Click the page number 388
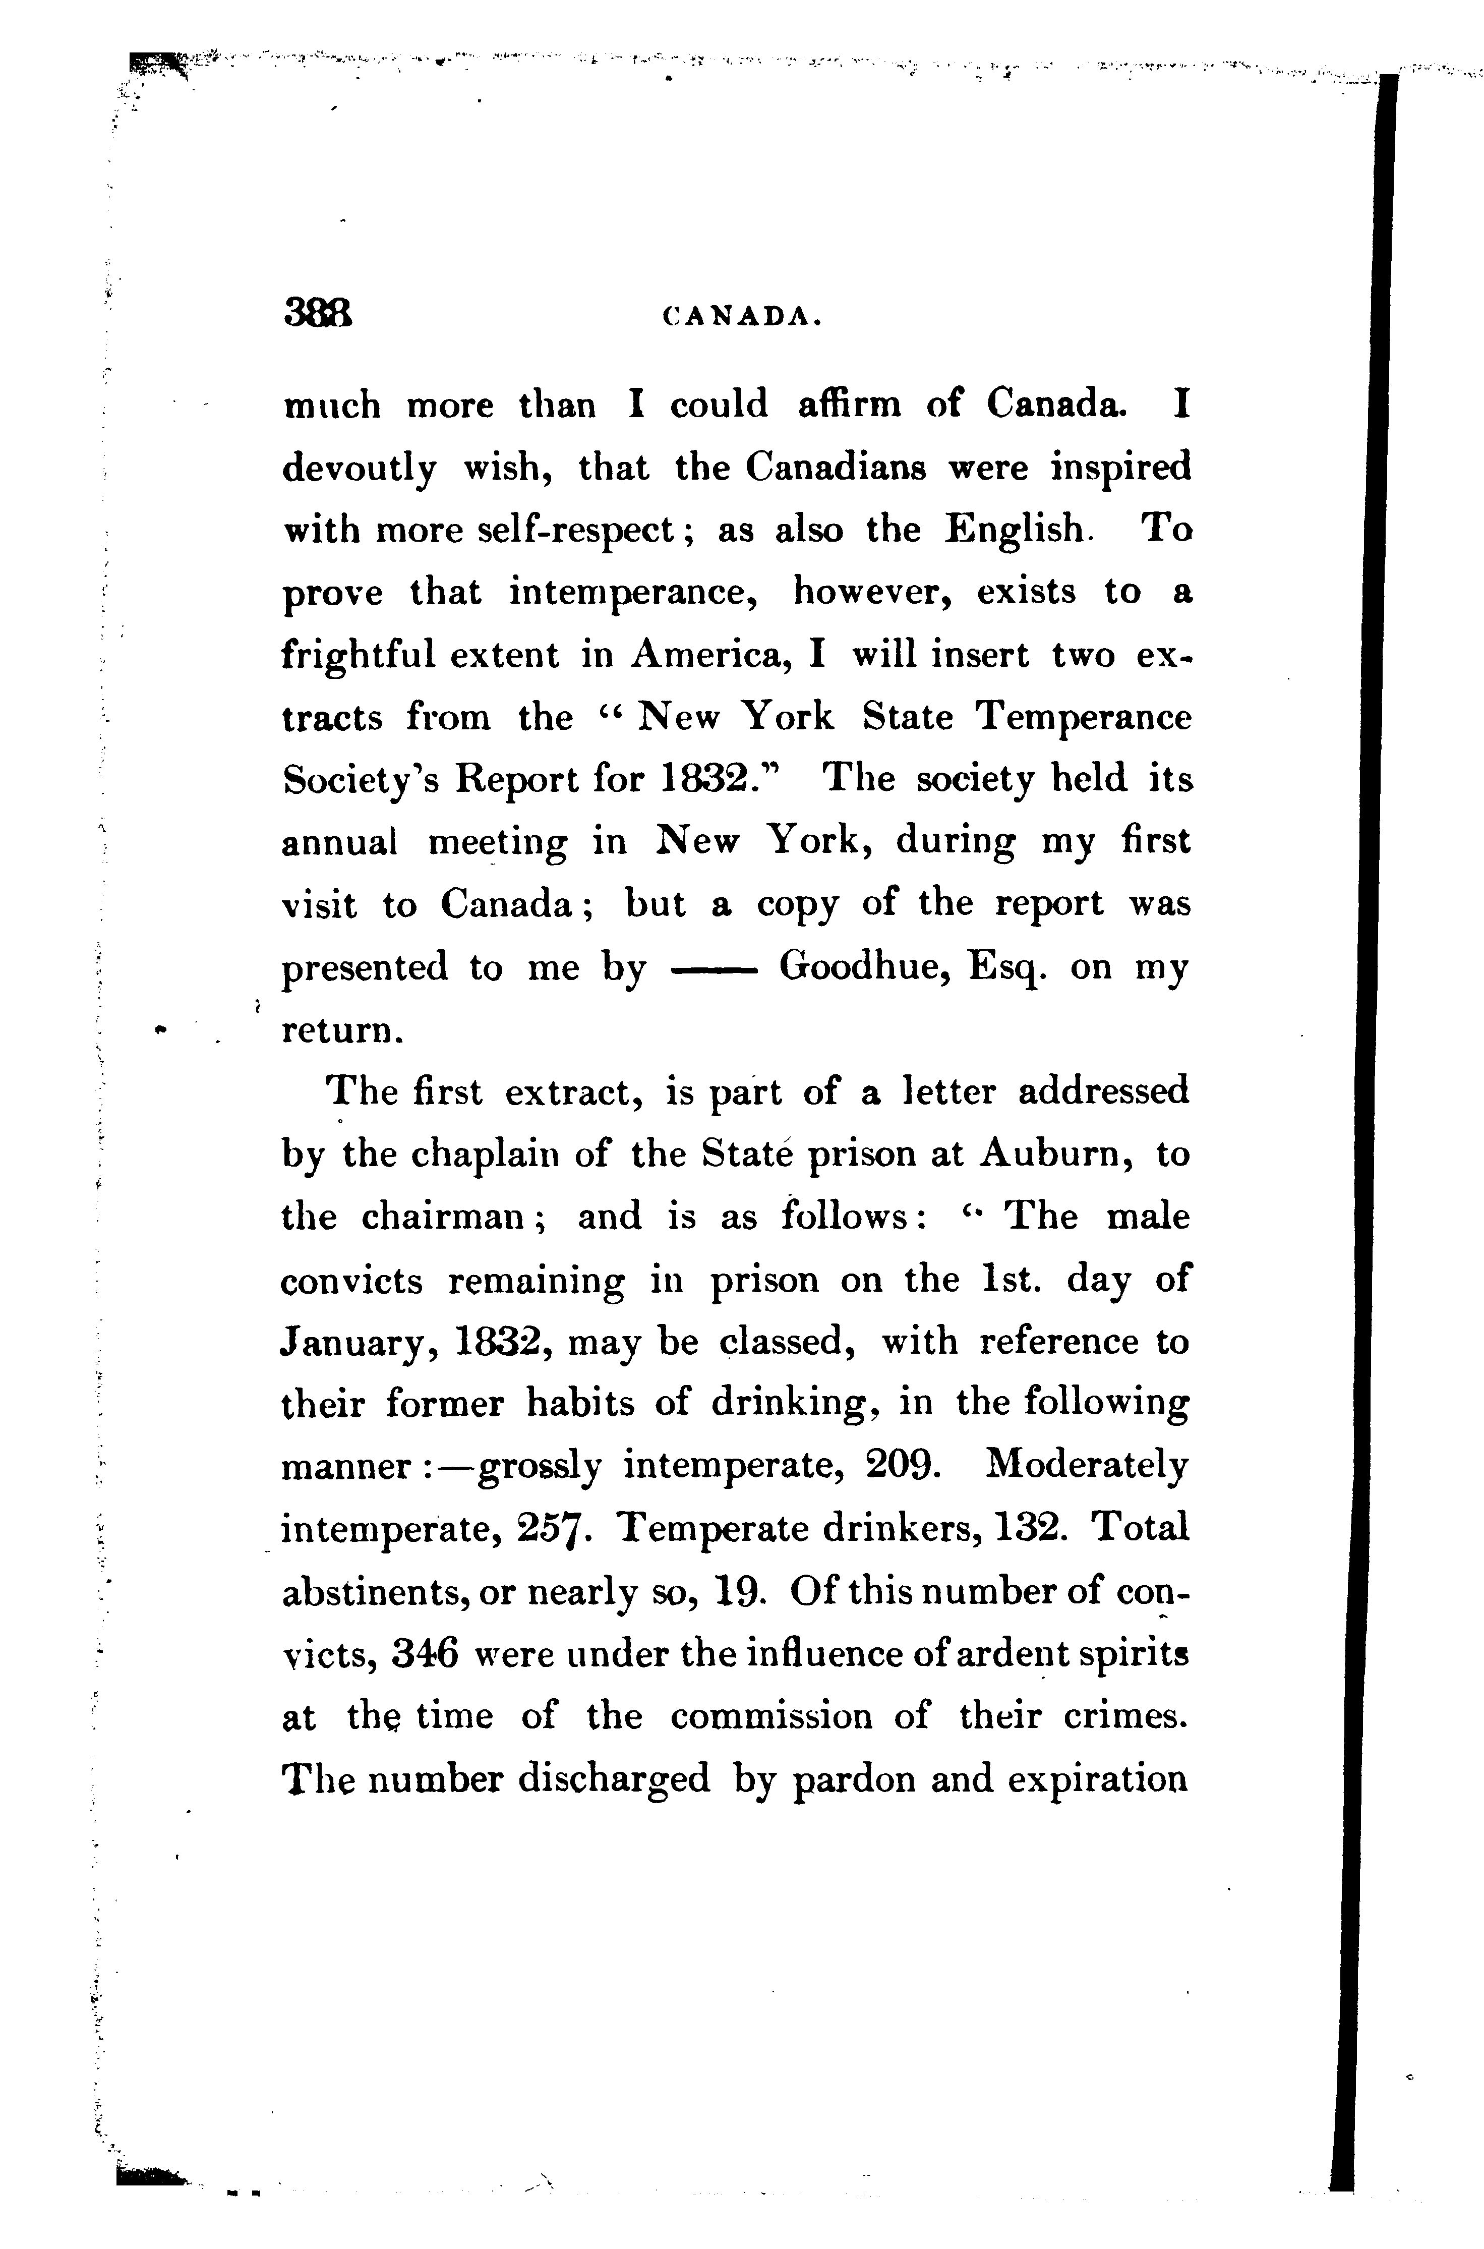click(318, 312)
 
